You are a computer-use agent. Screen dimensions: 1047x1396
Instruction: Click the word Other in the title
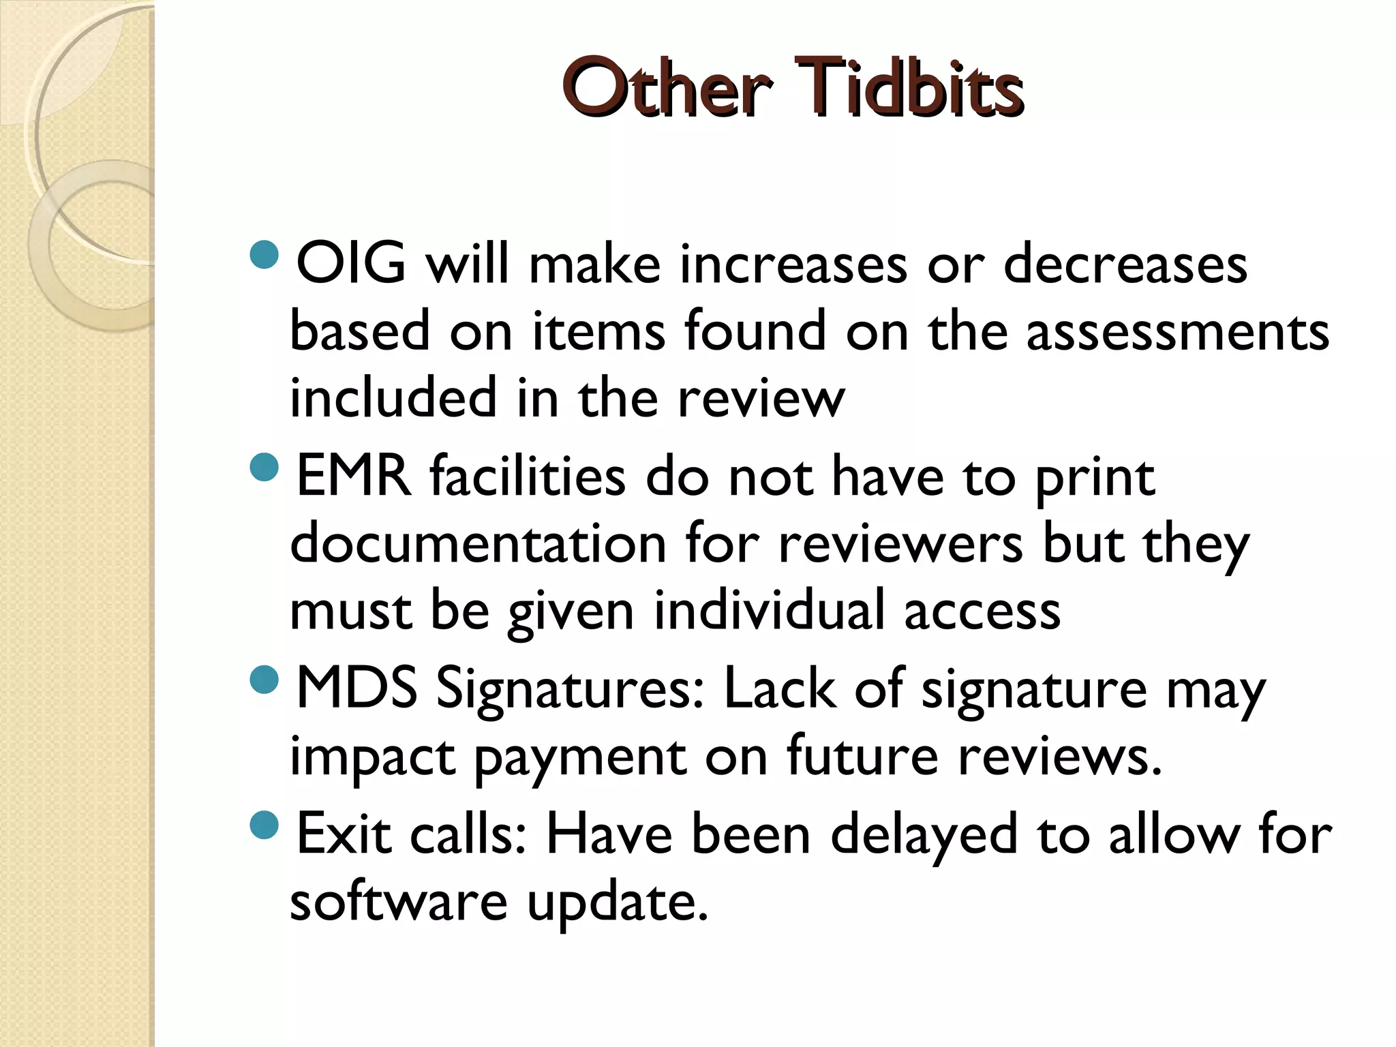(667, 90)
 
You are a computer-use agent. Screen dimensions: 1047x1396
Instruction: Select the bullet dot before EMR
(264, 467)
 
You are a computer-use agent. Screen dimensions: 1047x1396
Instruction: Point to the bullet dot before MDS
(264, 680)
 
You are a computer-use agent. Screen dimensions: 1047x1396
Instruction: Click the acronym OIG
(351, 263)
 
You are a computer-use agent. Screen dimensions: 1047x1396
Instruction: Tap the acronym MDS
(356, 688)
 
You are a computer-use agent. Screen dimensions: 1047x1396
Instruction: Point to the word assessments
(1177, 331)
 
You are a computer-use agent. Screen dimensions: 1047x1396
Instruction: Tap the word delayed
(924, 836)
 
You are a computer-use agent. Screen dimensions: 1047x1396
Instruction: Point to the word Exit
(344, 834)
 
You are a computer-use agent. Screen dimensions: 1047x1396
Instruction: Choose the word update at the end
(617, 904)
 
